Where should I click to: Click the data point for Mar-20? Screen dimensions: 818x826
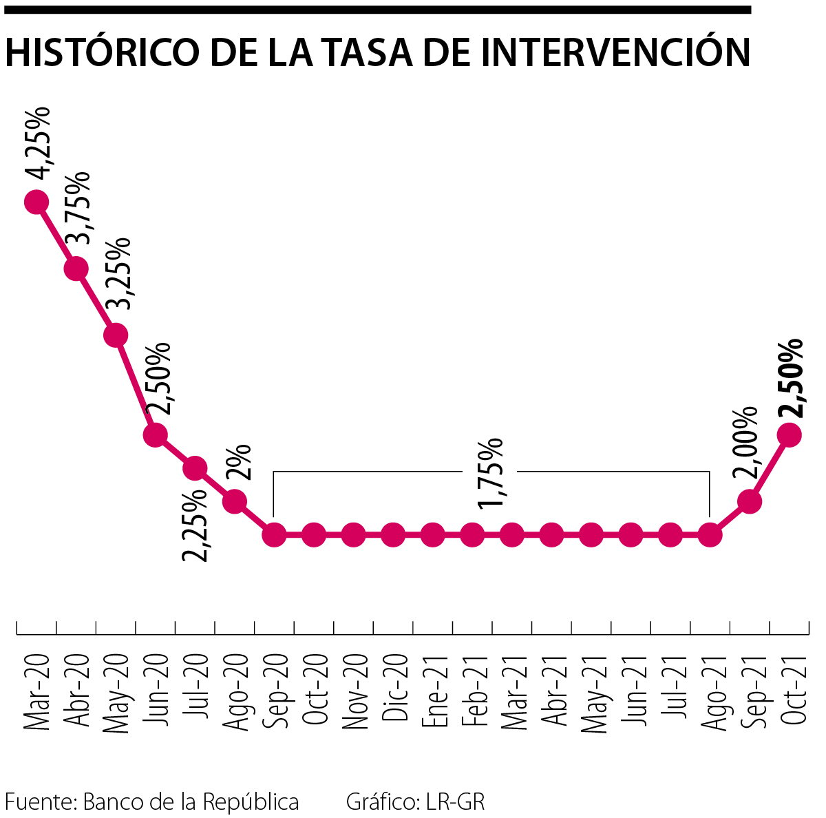tap(36, 202)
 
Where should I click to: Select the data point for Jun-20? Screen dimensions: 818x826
tap(156, 434)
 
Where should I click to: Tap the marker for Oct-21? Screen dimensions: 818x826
tap(789, 434)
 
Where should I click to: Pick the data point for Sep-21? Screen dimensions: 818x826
tap(750, 501)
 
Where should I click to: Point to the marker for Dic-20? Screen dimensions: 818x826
tap(393, 534)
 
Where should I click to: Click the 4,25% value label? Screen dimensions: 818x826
tap(38, 143)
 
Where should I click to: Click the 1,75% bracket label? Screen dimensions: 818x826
tap(491, 472)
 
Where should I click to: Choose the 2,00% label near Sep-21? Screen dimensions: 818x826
tap(746, 443)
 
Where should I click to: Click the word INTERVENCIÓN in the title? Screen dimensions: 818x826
tap(615, 52)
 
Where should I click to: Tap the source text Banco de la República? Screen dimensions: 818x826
tap(191, 802)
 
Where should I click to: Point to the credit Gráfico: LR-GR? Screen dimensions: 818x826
tap(415, 802)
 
